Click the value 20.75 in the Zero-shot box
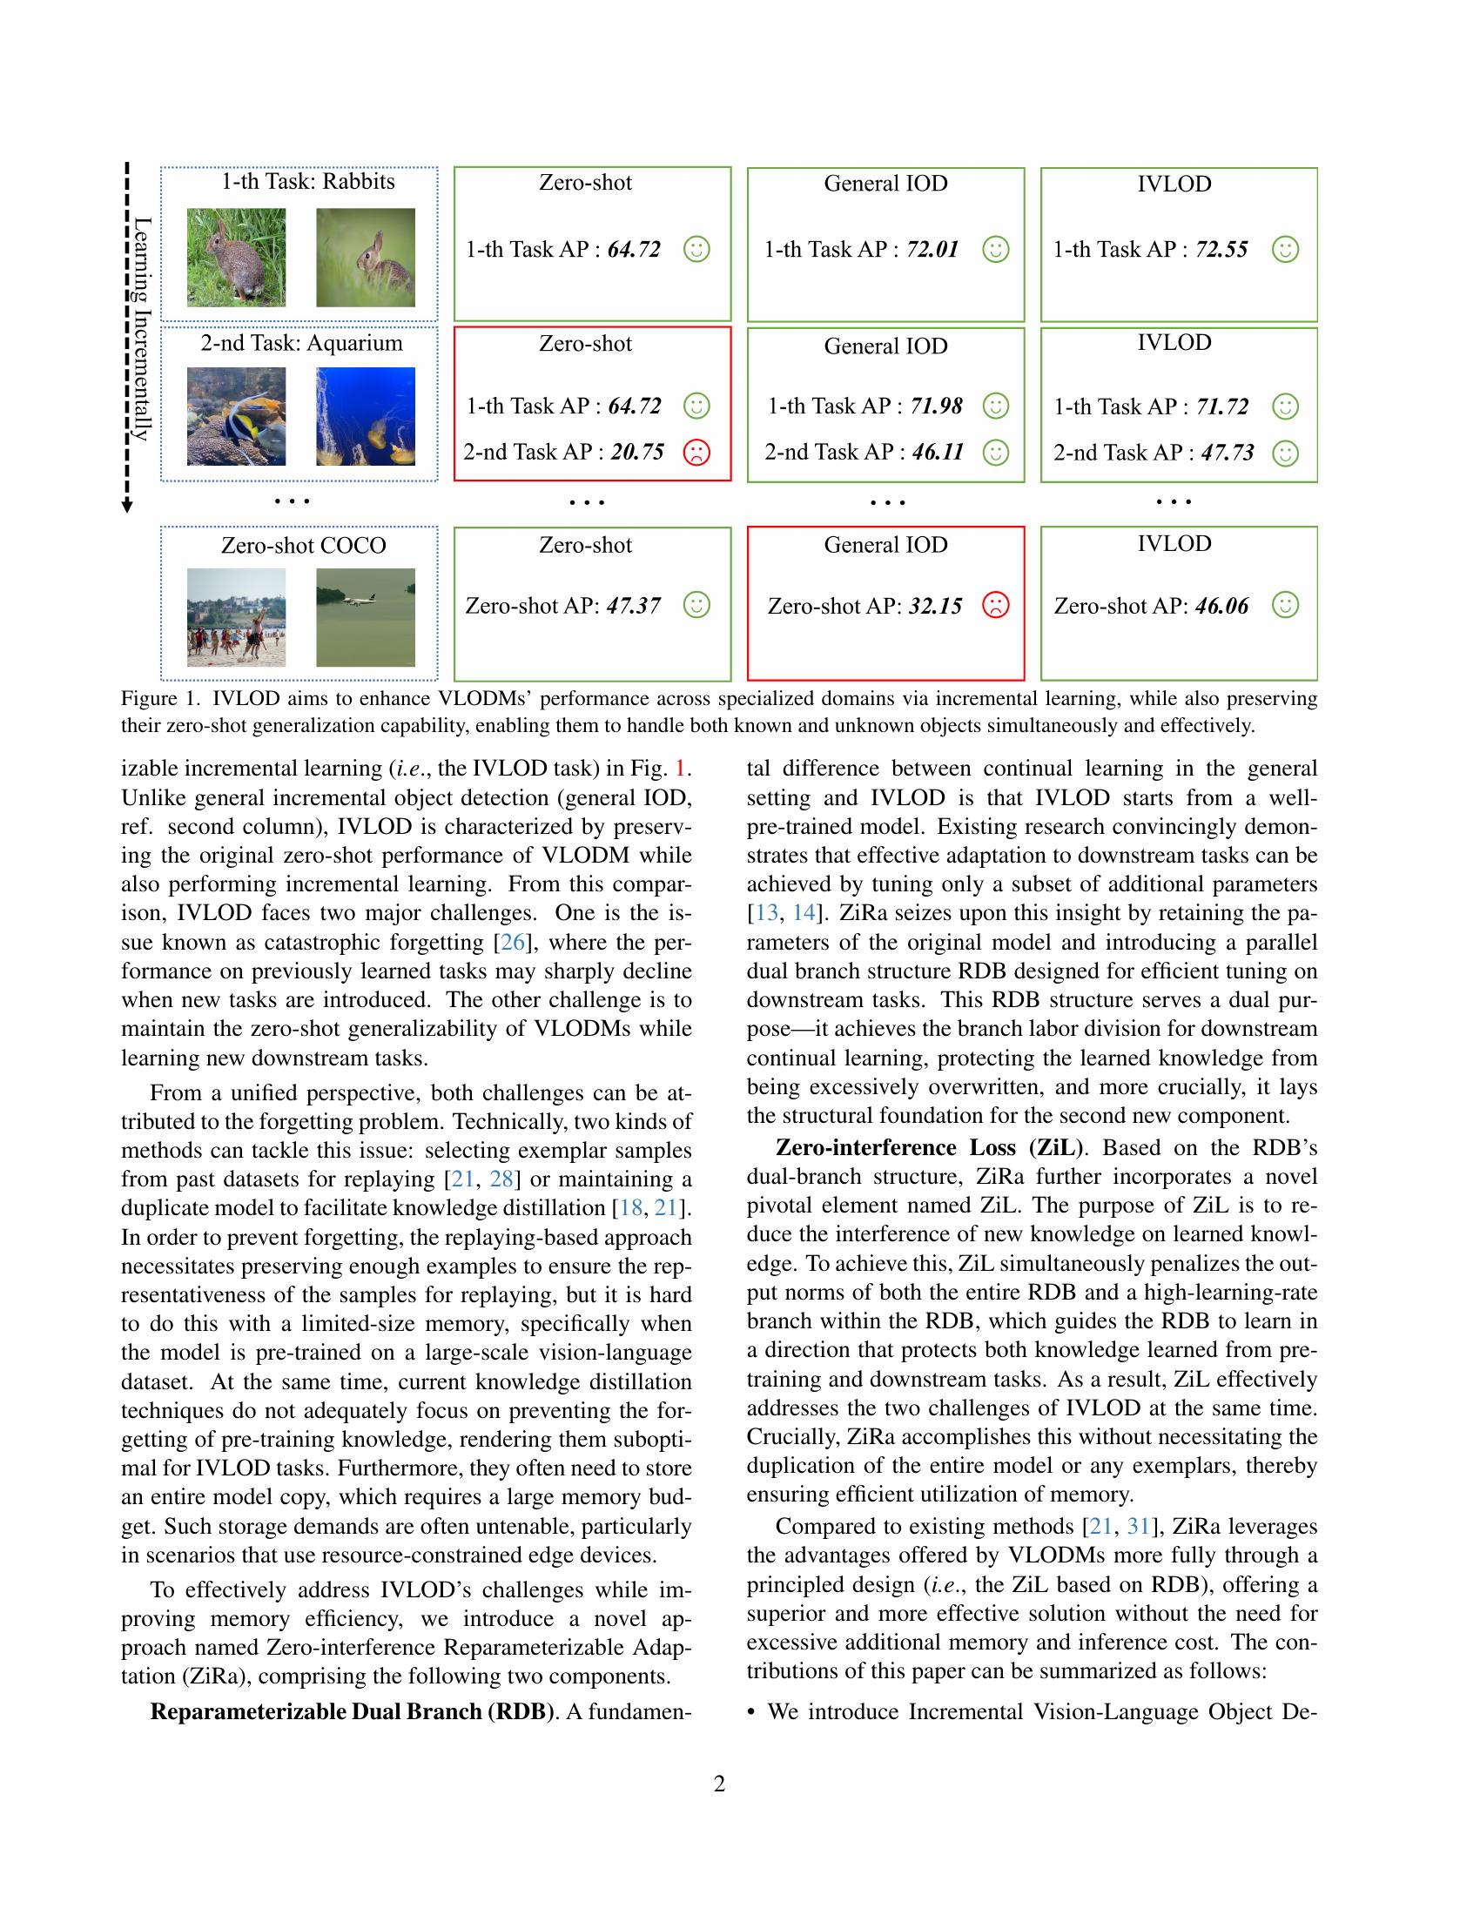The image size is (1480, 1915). click(x=637, y=453)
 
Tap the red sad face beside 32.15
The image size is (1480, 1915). click(x=995, y=605)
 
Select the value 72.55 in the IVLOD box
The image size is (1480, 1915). click(x=1221, y=250)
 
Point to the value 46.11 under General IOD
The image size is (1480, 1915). click(x=938, y=453)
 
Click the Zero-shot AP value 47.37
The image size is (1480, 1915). click(x=634, y=606)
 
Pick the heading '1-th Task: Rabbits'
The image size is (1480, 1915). click(x=307, y=182)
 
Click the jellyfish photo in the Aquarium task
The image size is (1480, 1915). click(x=366, y=415)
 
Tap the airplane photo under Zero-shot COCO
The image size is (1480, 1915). click(x=366, y=617)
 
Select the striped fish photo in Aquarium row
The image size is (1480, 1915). click(x=236, y=415)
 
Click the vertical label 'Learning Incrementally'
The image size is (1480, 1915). click(x=142, y=329)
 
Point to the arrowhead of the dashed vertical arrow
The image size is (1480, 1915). click(x=127, y=506)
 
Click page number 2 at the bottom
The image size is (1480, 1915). click(x=720, y=1784)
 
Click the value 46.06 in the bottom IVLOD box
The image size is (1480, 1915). click(x=1221, y=606)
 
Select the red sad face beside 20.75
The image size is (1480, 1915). click(x=696, y=453)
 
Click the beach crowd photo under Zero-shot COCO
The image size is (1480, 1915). click(x=236, y=617)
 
